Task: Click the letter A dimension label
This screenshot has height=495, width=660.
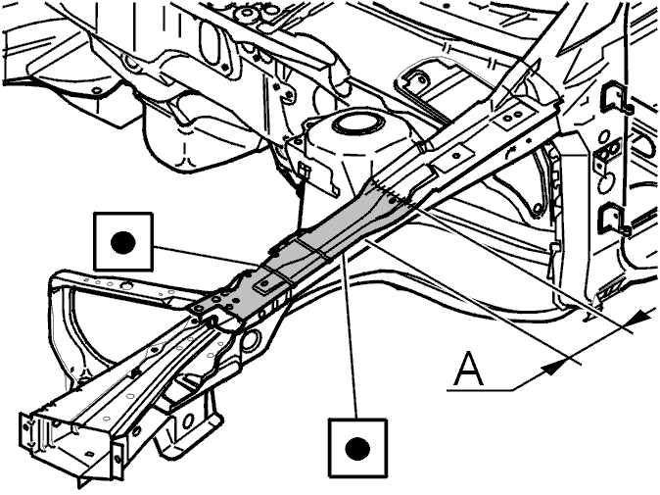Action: pyautogui.click(x=469, y=369)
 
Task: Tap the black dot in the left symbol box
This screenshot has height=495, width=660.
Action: pyautogui.click(x=123, y=243)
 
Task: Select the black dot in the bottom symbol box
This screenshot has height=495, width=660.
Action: pyautogui.click(x=357, y=448)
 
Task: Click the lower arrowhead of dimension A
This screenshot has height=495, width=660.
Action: pyautogui.click(x=553, y=368)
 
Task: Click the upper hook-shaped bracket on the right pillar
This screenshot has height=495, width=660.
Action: pyautogui.click(x=615, y=99)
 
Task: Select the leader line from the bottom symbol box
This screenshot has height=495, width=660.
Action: pyautogui.click(x=351, y=336)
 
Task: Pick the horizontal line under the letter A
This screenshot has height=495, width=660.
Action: pyautogui.click(x=480, y=390)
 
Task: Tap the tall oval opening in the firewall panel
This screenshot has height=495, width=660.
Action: pyautogui.click(x=210, y=42)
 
